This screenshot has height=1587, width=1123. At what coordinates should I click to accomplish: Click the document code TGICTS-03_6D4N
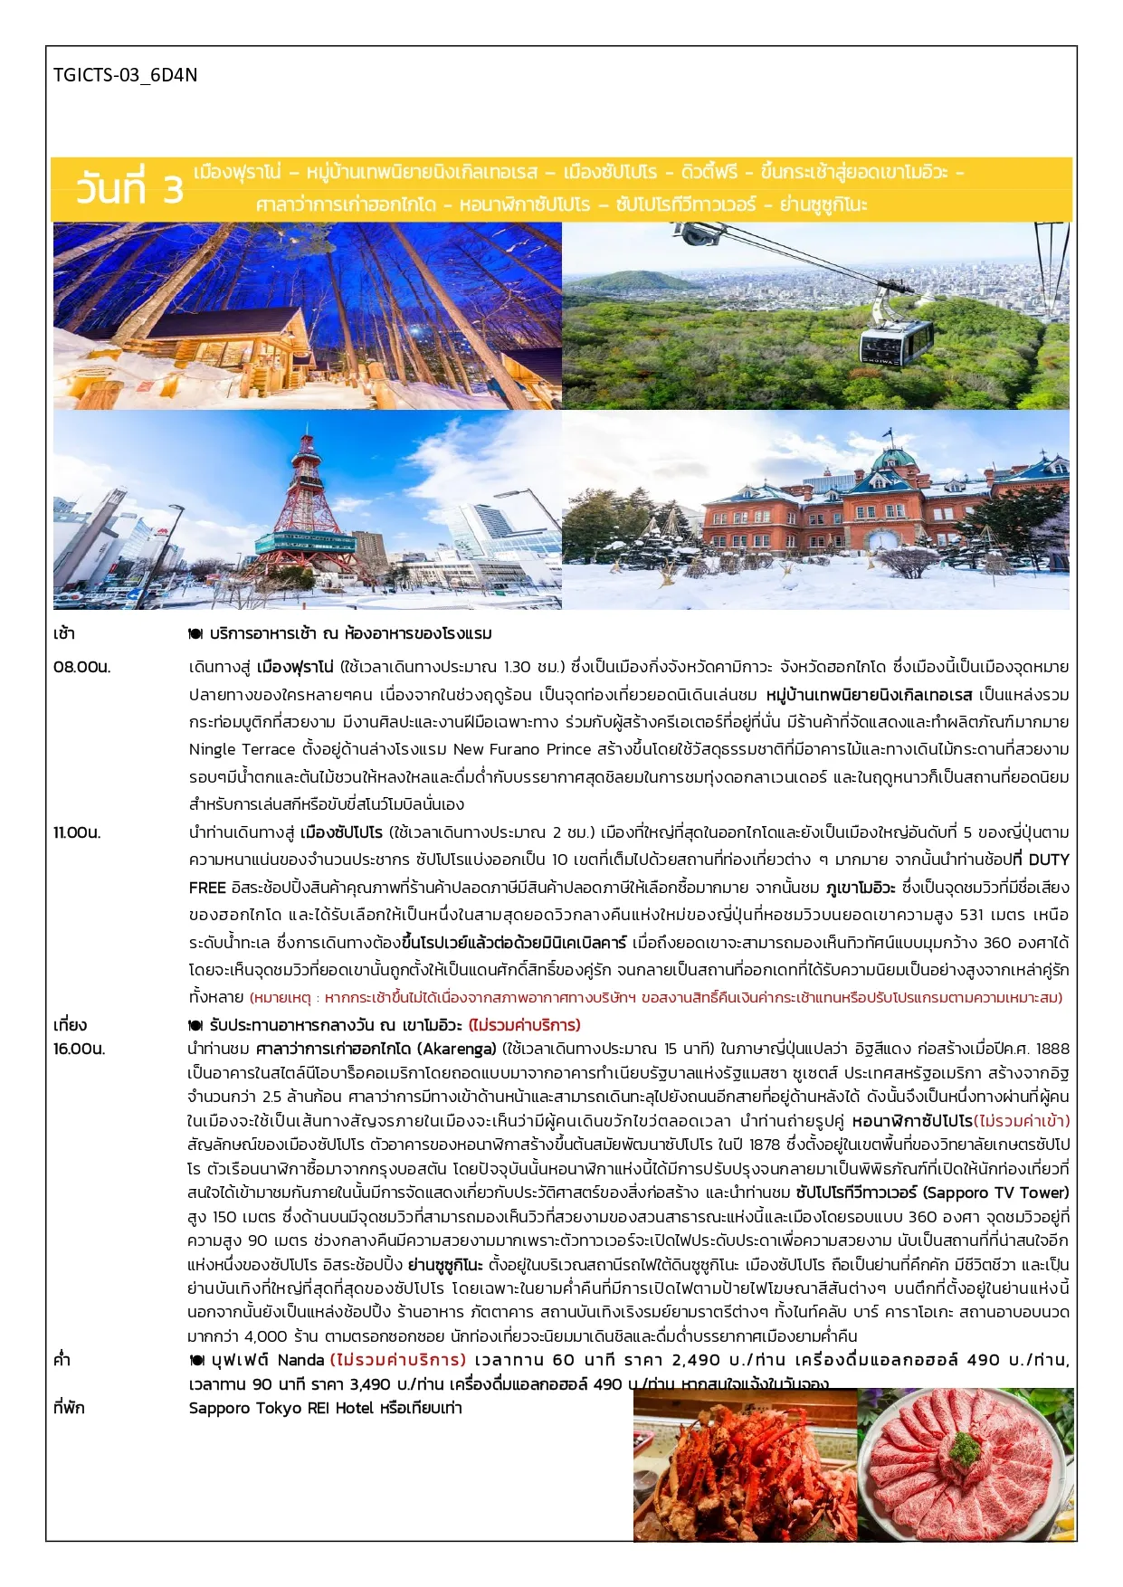point(125,75)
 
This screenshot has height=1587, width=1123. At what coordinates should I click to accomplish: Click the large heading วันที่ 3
point(128,189)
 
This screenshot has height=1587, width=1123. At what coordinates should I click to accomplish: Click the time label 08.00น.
point(81,668)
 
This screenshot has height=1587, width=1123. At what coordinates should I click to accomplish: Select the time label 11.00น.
point(77,832)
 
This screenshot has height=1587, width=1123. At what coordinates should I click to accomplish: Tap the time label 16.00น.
point(80,1049)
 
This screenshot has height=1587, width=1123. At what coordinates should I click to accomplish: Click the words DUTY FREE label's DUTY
point(1048,860)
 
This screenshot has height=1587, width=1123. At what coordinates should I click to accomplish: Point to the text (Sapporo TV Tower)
point(995,1193)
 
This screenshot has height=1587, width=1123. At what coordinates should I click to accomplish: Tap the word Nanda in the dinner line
point(300,1360)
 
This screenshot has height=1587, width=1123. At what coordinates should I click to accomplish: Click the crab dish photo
point(745,1466)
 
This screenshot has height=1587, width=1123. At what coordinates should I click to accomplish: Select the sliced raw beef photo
point(966,1466)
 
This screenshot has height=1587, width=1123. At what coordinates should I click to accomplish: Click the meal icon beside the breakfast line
point(195,634)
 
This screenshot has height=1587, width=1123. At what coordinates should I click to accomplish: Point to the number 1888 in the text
point(1052,1049)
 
